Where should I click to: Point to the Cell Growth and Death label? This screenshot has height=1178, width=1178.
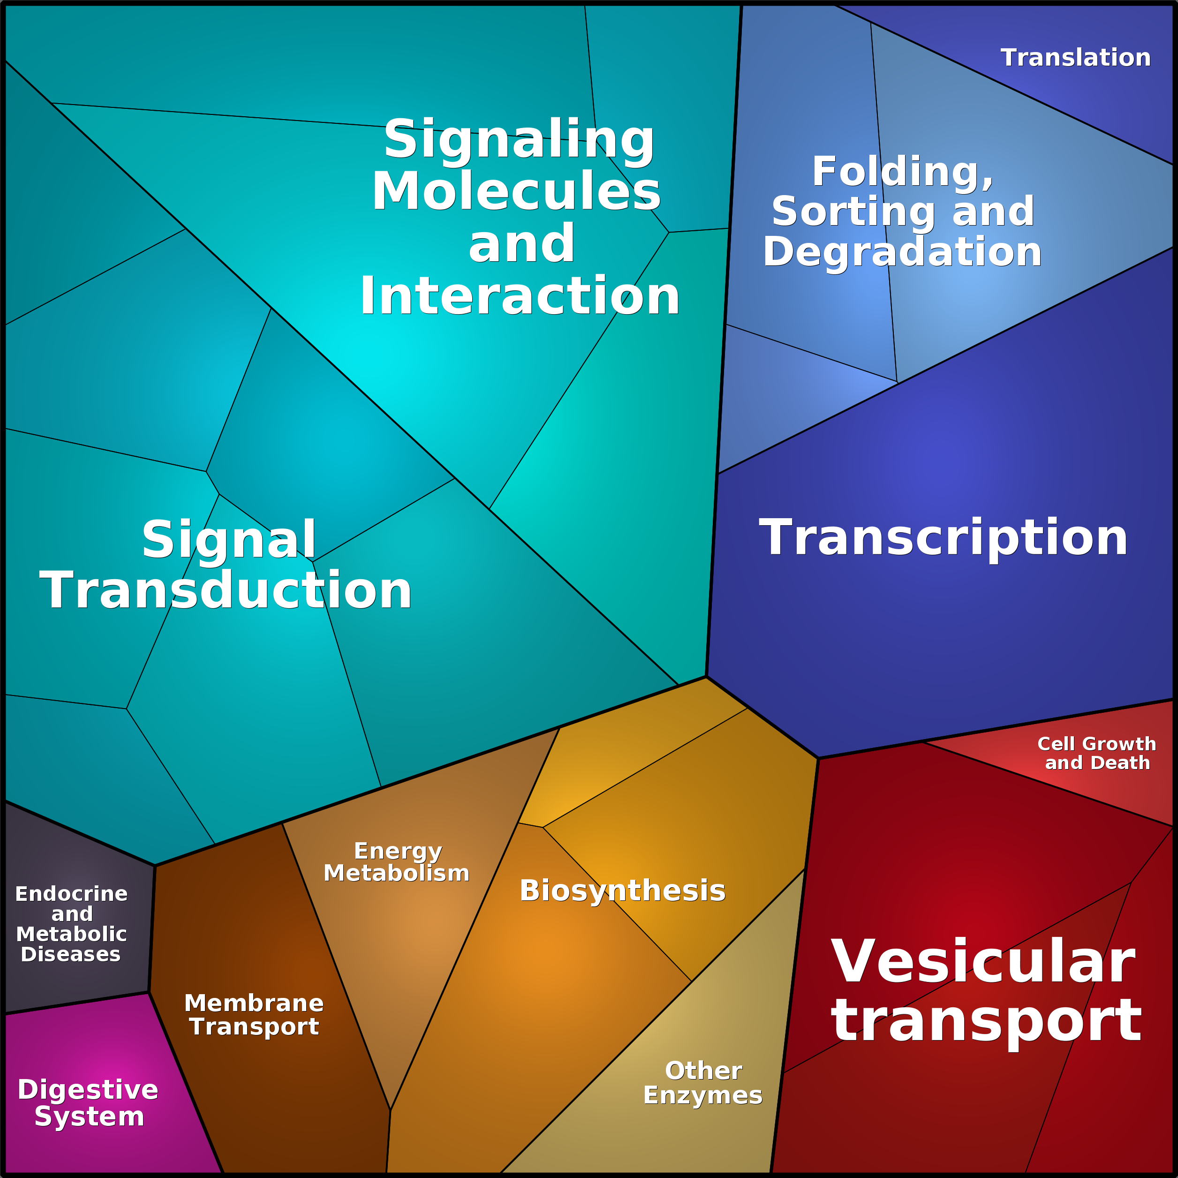click(x=1097, y=753)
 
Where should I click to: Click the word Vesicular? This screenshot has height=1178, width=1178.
click(x=983, y=961)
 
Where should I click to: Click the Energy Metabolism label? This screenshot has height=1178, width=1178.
click(x=397, y=861)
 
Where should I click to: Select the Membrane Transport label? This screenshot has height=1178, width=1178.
click(x=254, y=1015)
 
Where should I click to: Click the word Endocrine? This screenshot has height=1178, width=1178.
click(x=71, y=894)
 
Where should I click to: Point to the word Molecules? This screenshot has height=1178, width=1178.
click(x=516, y=191)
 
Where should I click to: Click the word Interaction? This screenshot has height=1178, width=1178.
click(x=520, y=296)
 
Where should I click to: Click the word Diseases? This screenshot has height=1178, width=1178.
click(x=71, y=954)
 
